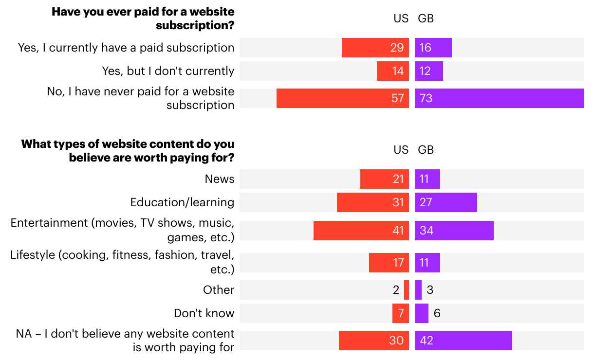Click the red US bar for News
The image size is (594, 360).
click(x=384, y=179)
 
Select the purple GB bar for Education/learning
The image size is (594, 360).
click(x=446, y=202)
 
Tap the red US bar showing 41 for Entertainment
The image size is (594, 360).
click(x=361, y=231)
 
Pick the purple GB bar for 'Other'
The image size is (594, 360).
click(x=418, y=290)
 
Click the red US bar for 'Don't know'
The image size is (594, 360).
click(x=401, y=313)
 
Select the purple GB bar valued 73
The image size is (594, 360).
click(x=499, y=98)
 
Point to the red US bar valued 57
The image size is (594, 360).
click(x=342, y=98)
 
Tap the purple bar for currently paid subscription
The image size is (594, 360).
click(x=433, y=48)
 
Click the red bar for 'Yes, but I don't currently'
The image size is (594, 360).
click(x=392, y=71)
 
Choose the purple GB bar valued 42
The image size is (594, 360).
click(x=463, y=341)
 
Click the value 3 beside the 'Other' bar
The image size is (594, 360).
click(x=430, y=290)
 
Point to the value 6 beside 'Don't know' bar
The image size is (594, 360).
click(x=437, y=313)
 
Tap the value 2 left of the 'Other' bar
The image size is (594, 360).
click(x=396, y=290)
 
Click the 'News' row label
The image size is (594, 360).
click(x=220, y=179)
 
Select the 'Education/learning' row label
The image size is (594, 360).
click(x=182, y=202)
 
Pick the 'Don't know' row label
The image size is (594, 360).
click(x=204, y=313)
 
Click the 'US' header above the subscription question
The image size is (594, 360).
click(x=401, y=18)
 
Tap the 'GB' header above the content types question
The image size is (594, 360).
click(x=426, y=150)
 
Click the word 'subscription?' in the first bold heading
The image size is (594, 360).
click(x=195, y=25)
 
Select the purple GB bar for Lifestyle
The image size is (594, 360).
click(x=427, y=263)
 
